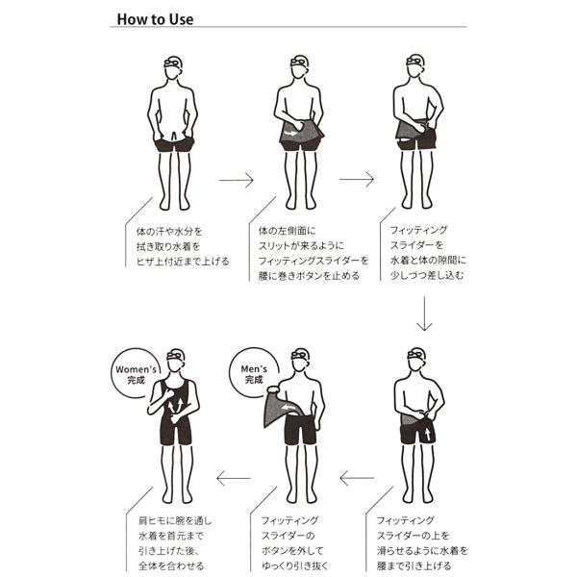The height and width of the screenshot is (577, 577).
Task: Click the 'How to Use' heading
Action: [155, 18]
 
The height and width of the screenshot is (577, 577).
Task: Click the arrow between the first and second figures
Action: [235, 179]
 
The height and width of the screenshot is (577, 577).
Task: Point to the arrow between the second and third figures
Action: [356, 179]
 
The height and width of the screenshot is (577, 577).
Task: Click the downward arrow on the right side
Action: [423, 313]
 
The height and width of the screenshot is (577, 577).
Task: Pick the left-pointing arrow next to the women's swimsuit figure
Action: [233, 477]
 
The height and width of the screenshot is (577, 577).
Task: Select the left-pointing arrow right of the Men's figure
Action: [356, 477]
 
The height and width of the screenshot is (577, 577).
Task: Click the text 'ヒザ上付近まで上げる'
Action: [183, 260]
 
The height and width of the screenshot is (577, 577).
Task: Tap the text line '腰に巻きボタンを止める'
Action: [309, 275]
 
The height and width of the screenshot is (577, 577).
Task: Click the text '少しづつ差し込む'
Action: [427, 275]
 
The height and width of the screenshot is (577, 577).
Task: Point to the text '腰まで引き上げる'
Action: [419, 566]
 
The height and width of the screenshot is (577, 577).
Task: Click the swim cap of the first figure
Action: [173, 61]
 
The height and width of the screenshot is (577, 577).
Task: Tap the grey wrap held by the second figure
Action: [299, 134]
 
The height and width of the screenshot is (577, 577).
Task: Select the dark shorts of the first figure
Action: [174, 145]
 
